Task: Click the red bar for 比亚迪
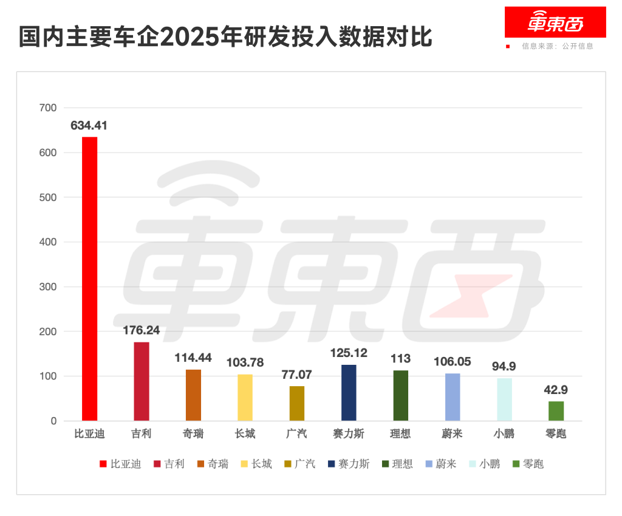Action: pyautogui.click(x=89, y=279)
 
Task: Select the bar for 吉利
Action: pyautogui.click(x=141, y=381)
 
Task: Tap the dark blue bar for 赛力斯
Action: pyautogui.click(x=349, y=393)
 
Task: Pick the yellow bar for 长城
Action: pyautogui.click(x=245, y=398)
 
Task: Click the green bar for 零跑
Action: pyautogui.click(x=556, y=411)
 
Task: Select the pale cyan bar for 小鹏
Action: pyautogui.click(x=504, y=399)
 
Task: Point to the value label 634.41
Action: pyautogui.click(x=89, y=126)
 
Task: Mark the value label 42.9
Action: pyautogui.click(x=556, y=390)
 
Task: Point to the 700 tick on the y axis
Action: pyautogui.click(x=48, y=108)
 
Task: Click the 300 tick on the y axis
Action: pyautogui.click(x=48, y=287)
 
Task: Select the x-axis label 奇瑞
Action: pyautogui.click(x=193, y=434)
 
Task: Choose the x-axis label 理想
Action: pyautogui.click(x=400, y=434)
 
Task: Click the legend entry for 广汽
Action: pyautogui.click(x=300, y=464)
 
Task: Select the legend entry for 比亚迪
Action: pyautogui.click(x=121, y=464)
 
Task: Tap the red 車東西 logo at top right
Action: pyautogui.click(x=555, y=22)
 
